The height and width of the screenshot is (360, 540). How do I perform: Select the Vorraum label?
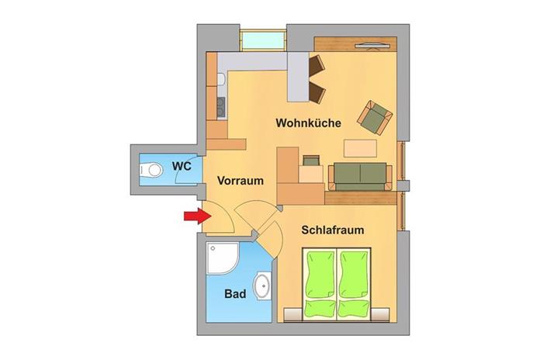tap(241, 180)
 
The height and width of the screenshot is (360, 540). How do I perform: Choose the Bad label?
tap(235, 295)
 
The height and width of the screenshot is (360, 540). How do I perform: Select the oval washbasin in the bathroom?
tap(264, 286)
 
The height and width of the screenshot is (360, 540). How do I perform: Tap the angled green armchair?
tap(375, 116)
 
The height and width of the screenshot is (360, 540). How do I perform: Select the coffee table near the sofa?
tap(362, 147)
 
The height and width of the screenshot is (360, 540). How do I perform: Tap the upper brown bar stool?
tap(317, 66)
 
